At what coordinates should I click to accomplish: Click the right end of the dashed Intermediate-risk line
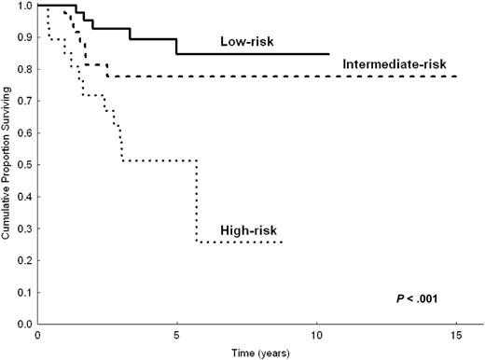[x=456, y=76]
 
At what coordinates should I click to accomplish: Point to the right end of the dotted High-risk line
[x=282, y=242]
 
